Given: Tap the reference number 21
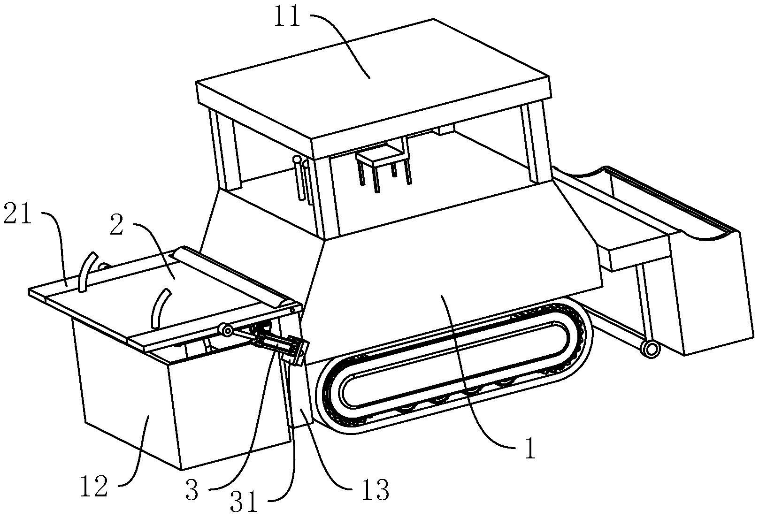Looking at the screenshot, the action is click(17, 213).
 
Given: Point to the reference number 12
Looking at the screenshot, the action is click(94, 486).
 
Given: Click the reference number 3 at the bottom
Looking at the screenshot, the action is click(192, 489).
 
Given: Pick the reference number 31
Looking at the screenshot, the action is click(244, 502).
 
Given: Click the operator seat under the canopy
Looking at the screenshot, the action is click(383, 168).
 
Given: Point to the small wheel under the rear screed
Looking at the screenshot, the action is click(651, 349).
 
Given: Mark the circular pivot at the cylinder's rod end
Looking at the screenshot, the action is click(226, 330).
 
